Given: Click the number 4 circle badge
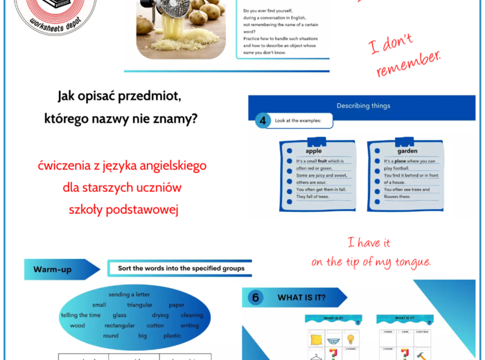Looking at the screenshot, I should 263,121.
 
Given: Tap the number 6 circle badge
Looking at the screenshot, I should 256,298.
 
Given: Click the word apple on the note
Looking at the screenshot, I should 313,150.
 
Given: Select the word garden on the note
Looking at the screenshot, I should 407,150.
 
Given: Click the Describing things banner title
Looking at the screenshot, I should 363,106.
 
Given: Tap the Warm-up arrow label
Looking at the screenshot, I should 53,269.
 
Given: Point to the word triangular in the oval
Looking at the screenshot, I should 139,305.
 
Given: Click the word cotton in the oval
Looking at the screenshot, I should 155,325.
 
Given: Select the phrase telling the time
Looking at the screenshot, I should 80,315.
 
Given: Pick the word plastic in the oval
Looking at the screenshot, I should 172,336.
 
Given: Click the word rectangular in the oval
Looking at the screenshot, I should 119,325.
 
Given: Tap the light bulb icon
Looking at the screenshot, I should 351,339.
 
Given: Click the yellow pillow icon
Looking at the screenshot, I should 315,339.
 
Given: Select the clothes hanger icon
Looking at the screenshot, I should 315,356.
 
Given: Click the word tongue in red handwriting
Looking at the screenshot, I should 408,262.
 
